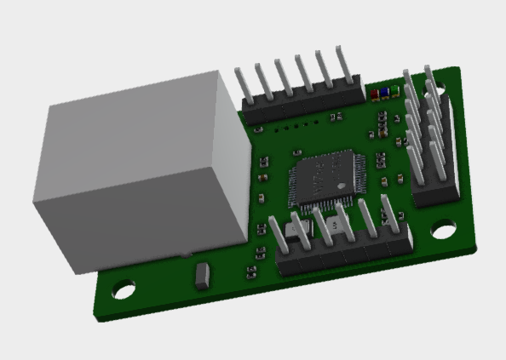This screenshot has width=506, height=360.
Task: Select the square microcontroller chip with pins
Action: pyautogui.click(x=327, y=180)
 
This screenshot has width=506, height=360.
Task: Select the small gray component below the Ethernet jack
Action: pyautogui.click(x=203, y=275)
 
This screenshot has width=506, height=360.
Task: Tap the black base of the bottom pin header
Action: pyautogui.click(x=345, y=256)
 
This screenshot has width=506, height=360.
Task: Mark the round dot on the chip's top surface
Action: pyautogui.click(x=340, y=186)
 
